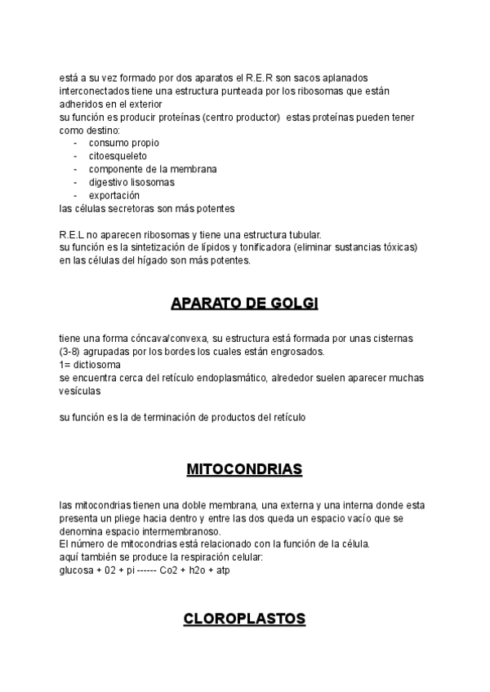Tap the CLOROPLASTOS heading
244,619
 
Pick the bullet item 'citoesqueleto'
118,156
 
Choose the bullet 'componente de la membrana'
153,169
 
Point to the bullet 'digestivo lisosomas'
131,182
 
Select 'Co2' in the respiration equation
172,570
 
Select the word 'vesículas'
80,391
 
